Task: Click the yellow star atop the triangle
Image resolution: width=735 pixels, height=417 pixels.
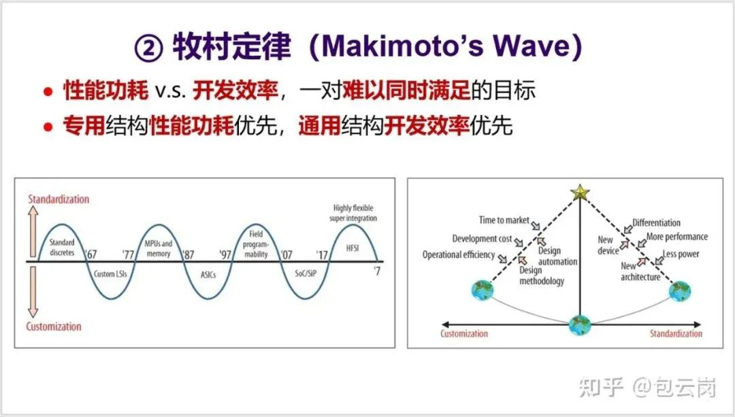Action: (580, 192)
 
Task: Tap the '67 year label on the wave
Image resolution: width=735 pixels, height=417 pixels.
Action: (91, 254)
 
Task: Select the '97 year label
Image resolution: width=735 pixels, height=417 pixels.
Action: (225, 254)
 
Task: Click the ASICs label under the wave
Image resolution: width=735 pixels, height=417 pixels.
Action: (208, 275)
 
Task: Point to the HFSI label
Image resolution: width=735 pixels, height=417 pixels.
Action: (353, 248)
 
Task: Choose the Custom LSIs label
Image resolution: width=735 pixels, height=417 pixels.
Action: (110, 273)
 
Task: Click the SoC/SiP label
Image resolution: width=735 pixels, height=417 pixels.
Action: (306, 273)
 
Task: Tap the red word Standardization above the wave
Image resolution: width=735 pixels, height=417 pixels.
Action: (59, 199)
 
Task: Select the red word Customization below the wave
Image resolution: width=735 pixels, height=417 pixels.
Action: (54, 327)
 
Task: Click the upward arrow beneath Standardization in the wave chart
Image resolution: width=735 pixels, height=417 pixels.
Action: (33, 231)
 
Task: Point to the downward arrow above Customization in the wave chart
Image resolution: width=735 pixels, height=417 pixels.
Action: (33, 291)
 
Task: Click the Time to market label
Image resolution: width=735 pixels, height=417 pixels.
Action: (504, 220)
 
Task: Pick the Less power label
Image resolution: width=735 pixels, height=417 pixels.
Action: (681, 254)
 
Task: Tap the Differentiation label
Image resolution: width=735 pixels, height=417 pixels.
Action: (656, 222)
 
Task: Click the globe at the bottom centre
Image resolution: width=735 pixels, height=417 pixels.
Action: (580, 325)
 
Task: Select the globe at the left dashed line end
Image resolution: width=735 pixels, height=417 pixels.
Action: (483, 290)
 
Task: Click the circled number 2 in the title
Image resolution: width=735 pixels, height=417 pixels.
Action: (148, 48)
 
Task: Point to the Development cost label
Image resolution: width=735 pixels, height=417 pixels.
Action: (482, 239)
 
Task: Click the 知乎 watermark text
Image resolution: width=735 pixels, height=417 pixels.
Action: (602, 387)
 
